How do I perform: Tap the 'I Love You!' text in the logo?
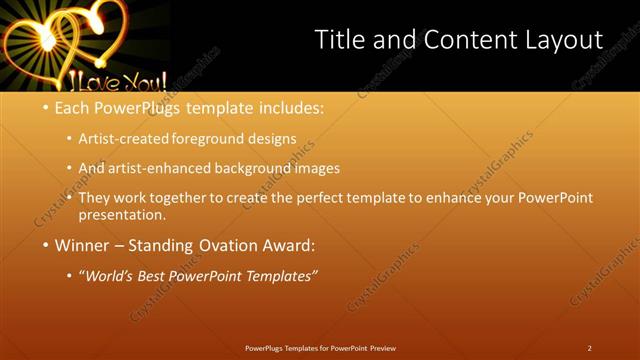110,80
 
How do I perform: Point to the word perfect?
330,198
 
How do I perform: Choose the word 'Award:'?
289,244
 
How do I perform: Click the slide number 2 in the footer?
589,348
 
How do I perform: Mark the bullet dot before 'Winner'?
45,245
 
